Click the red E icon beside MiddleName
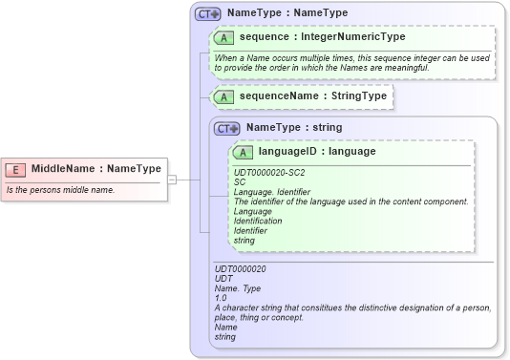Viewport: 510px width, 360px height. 15,169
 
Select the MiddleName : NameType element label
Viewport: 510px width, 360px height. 96,169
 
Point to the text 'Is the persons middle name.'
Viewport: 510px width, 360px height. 61,189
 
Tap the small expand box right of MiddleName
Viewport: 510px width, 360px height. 171,179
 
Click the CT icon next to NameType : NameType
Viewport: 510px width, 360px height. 207,14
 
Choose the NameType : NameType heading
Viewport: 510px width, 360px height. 287,13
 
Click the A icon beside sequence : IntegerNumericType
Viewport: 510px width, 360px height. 224,37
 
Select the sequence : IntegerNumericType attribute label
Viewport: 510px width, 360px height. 322,37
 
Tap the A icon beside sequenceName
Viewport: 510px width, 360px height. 224,97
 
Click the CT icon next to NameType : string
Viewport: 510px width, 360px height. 227,128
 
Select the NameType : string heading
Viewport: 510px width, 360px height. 294,127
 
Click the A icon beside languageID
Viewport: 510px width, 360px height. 243,152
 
